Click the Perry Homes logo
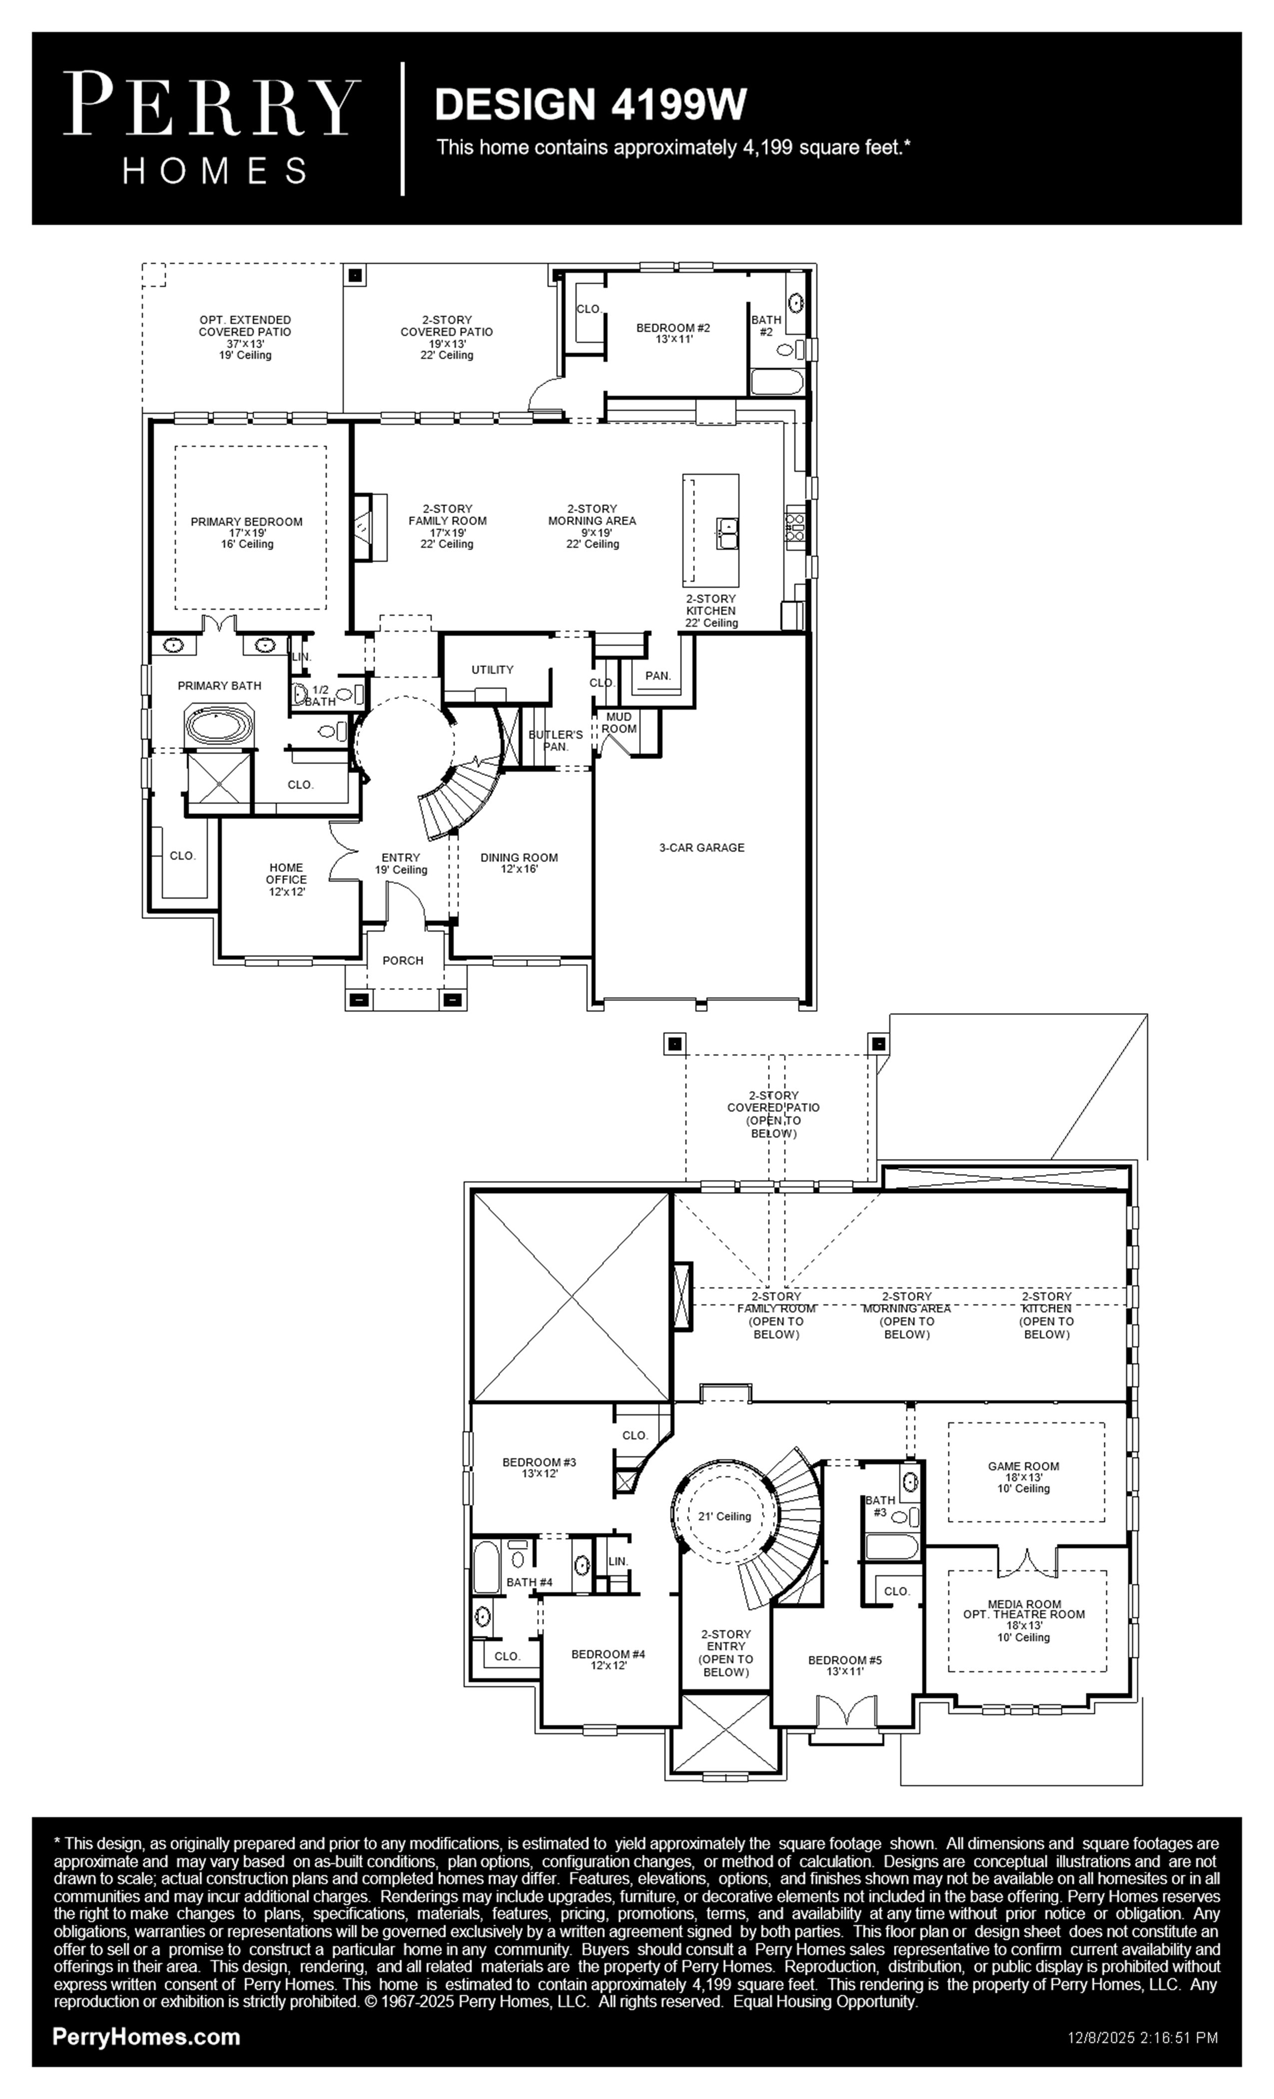pyautogui.click(x=211, y=128)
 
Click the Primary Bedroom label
pyautogui.click(x=246, y=532)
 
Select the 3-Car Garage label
pyautogui.click(x=702, y=848)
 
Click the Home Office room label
pyautogui.click(x=286, y=879)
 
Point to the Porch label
pyautogui.click(x=403, y=960)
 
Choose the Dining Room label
pyautogui.click(x=519, y=863)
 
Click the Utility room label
pyautogui.click(x=492, y=670)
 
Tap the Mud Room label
pyautogui.click(x=619, y=722)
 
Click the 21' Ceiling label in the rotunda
pyautogui.click(x=725, y=1516)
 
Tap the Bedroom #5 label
pyautogui.click(x=845, y=1665)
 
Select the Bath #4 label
pyautogui.click(x=530, y=1582)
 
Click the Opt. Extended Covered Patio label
pyautogui.click(x=245, y=337)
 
